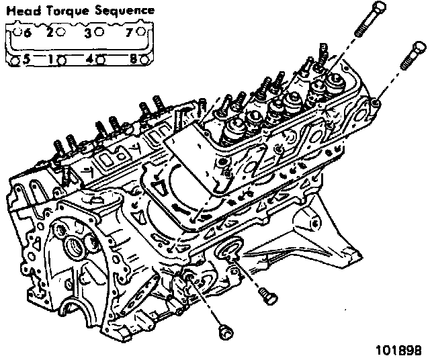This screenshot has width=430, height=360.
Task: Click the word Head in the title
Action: tap(20, 11)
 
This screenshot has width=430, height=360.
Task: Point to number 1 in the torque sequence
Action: tap(51, 59)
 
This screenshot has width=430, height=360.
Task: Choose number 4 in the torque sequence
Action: tap(89, 59)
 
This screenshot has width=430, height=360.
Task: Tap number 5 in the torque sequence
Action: tap(26, 59)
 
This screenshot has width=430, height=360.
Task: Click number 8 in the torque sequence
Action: tap(132, 59)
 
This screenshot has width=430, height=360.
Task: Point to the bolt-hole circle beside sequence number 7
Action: tap(142, 32)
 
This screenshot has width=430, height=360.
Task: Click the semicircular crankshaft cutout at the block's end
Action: tap(84, 316)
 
